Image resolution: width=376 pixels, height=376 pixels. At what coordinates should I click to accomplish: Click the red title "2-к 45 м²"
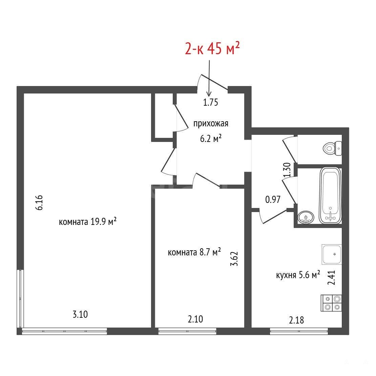tap(212, 48)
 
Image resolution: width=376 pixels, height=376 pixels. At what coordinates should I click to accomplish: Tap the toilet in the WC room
tap(332, 148)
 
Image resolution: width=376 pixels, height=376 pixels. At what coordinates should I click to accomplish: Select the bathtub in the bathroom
tap(330, 196)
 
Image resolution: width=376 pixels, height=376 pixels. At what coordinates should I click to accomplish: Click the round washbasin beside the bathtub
tap(306, 217)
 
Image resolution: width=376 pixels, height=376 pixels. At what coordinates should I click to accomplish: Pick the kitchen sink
tap(332, 254)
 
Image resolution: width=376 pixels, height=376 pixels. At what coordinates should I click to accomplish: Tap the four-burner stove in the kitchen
tap(331, 303)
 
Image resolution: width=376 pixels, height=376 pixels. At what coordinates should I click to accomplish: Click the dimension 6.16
tap(39, 203)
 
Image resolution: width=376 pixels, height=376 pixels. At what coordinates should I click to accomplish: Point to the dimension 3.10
tap(80, 314)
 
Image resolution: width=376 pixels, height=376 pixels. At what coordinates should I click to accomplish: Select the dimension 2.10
tap(195, 319)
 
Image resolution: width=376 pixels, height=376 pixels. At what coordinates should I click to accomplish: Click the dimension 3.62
tap(234, 258)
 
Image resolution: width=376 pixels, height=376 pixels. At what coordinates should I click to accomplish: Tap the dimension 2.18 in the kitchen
tap(296, 320)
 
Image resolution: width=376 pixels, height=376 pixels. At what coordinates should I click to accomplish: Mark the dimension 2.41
tap(332, 278)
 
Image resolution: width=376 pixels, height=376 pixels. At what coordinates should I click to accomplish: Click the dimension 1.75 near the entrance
tap(211, 102)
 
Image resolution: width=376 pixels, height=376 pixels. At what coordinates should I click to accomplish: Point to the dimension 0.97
tap(273, 200)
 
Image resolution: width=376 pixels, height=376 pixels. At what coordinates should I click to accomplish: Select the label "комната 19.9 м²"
tap(88, 222)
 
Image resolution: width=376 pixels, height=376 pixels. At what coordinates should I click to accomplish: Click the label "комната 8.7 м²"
tap(194, 252)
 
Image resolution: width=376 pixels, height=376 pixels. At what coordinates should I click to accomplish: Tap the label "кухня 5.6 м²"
tap(298, 275)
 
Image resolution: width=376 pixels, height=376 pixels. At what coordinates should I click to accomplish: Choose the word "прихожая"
tap(211, 124)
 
